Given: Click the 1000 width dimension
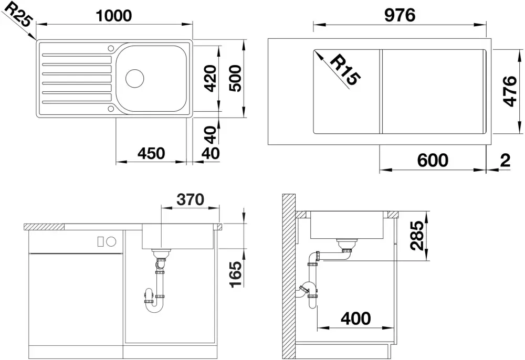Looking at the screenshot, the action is click(114, 15).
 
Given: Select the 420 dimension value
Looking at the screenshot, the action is click(211, 79).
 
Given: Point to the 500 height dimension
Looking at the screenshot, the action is click(235, 79).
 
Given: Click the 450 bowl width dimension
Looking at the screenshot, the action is click(151, 153).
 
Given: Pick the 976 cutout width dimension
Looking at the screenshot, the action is click(400, 15).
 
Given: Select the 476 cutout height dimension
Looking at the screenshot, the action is click(511, 91).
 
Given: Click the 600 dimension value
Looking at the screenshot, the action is click(433, 160).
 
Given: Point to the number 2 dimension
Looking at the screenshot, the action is click(505, 160).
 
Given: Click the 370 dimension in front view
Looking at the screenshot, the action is click(190, 200).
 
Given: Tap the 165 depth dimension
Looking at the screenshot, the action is click(236, 274).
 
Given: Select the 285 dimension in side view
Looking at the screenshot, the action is click(418, 236).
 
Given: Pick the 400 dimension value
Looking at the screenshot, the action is click(356, 318).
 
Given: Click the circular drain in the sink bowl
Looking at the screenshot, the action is click(134, 79).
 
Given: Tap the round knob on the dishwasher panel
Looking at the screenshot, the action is click(111, 241).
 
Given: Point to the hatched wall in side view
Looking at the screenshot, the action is click(289, 277).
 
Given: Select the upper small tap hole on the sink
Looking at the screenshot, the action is click(111, 48).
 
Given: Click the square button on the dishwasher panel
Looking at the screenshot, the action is click(100, 241).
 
